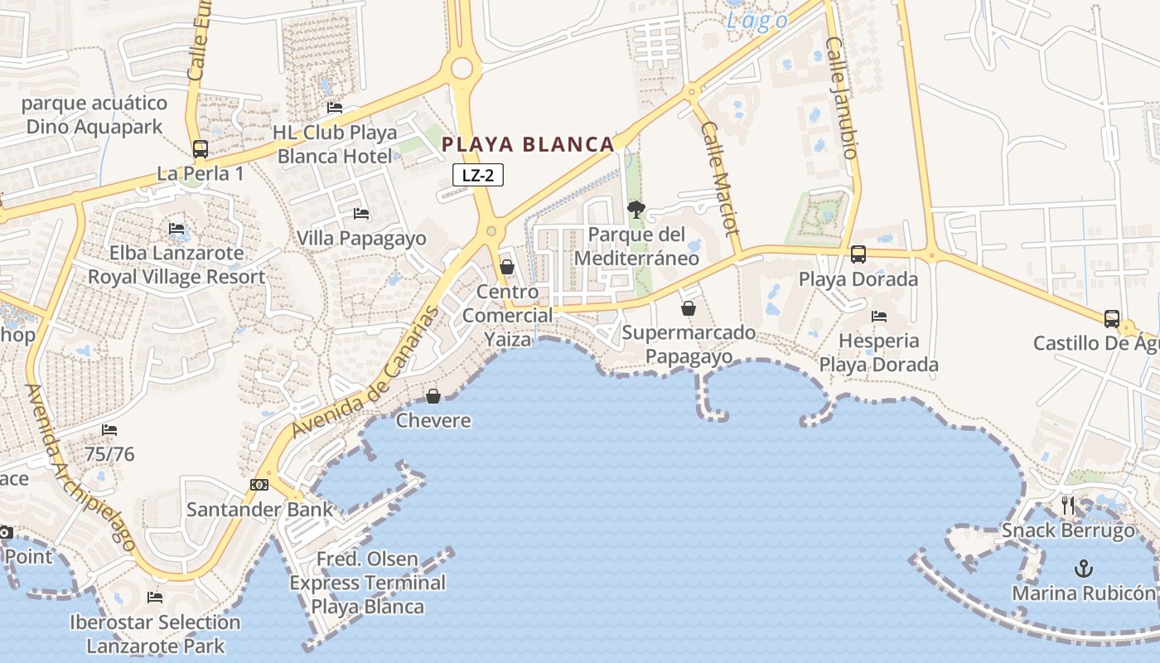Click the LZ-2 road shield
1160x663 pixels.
[x=478, y=175]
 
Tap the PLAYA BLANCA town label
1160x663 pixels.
[x=528, y=144]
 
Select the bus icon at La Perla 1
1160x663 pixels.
[x=201, y=149]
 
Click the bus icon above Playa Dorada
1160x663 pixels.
[x=858, y=254]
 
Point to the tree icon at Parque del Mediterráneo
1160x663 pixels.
[x=636, y=210]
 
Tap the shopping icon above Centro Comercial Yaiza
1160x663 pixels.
[x=507, y=267]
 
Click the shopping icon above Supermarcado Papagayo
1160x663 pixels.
[x=688, y=308]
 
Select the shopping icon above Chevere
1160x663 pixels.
[x=433, y=396]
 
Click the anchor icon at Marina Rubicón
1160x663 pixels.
[x=1083, y=569]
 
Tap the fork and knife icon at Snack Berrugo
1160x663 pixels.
[x=1068, y=505]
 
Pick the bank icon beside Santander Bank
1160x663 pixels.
[x=259, y=485]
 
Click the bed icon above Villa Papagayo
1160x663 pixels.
[x=361, y=214]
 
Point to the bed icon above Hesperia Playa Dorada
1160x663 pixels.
[x=879, y=316]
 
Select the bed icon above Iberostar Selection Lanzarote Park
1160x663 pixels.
[x=155, y=598]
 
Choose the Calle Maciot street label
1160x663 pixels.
[x=719, y=178]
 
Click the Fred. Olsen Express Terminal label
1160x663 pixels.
[x=367, y=583]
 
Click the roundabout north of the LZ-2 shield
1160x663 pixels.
[x=462, y=68]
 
